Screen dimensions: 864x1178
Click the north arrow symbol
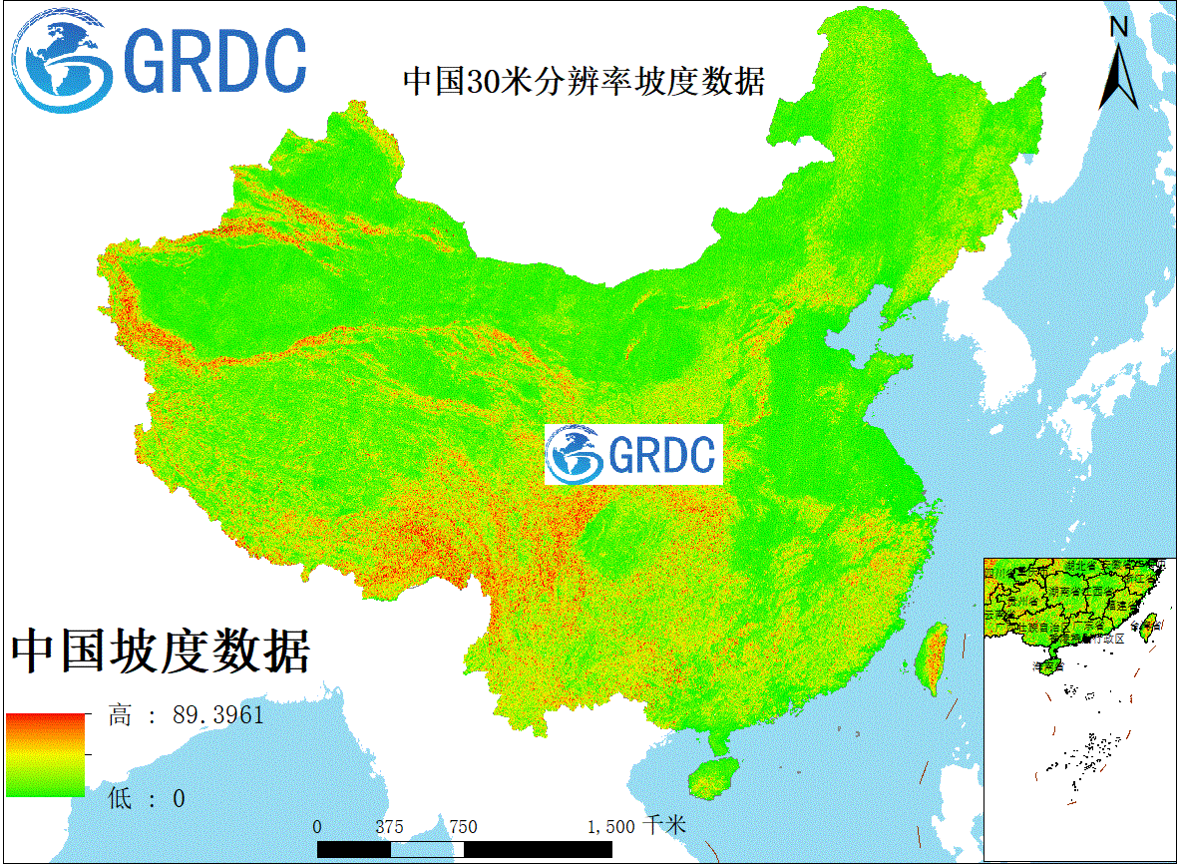(1119, 76)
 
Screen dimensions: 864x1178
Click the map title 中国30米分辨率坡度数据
(584, 81)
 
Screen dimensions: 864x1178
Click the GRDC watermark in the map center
(633, 454)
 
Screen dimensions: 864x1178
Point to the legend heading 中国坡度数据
(161, 651)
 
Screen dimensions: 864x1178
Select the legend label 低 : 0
(147, 798)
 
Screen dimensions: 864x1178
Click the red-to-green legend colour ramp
(46, 755)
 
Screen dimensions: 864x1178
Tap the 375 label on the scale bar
(390, 827)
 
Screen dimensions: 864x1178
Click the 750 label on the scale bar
(463, 827)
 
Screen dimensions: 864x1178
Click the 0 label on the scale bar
(317, 827)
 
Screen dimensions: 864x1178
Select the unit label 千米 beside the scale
(664, 826)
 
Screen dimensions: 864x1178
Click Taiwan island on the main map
(934, 658)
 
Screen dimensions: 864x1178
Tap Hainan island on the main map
(710, 775)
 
